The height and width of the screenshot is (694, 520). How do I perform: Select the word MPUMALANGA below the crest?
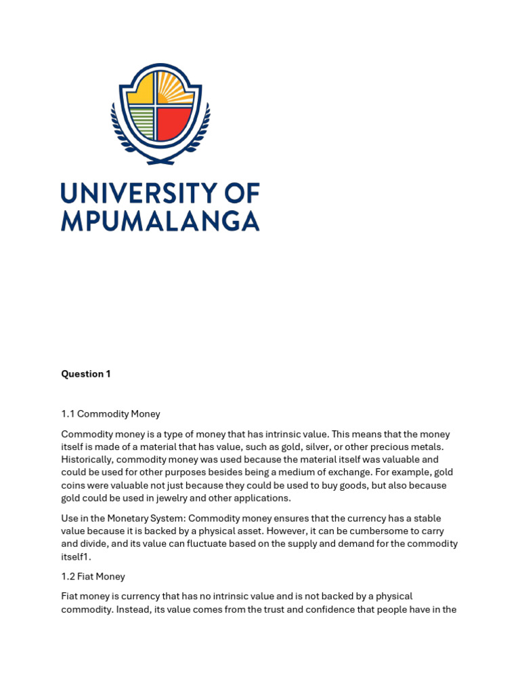tap(160, 221)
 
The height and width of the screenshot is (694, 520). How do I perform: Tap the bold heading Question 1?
tap(86, 374)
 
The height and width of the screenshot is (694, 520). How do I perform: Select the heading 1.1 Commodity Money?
tap(110, 414)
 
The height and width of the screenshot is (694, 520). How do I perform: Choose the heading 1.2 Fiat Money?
tap(93, 577)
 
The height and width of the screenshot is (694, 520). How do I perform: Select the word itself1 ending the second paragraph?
tap(76, 556)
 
